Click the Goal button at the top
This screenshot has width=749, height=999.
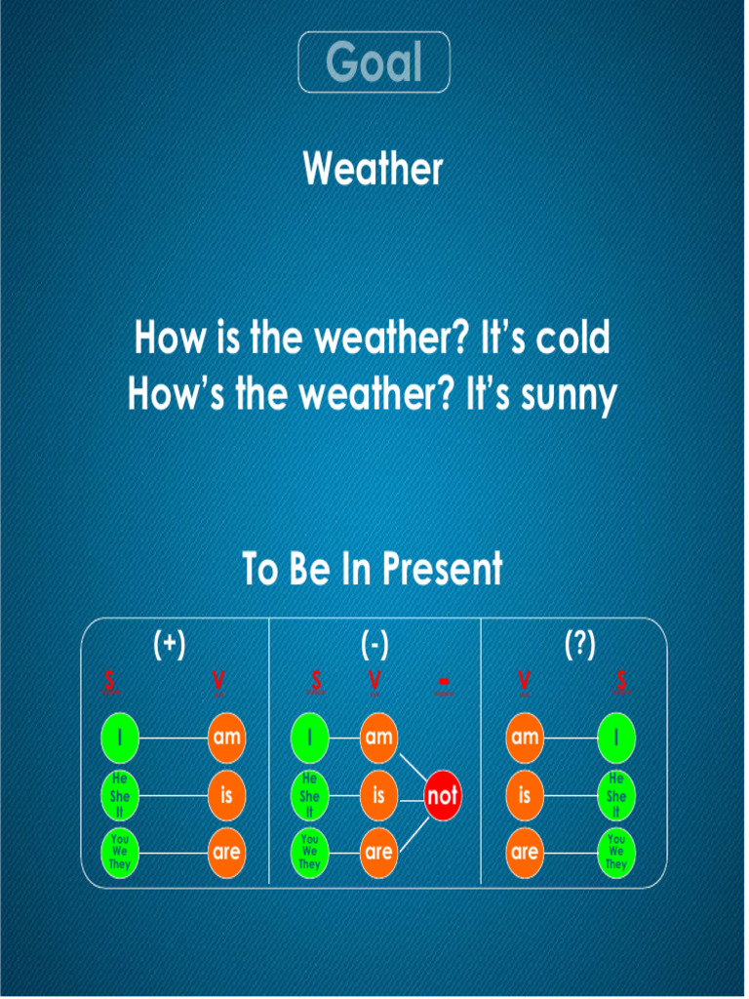pos(374,61)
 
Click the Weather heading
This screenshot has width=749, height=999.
pos(374,169)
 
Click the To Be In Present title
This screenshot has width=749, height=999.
pos(372,569)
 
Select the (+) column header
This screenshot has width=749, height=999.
pos(170,644)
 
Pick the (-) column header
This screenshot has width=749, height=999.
pos(374,644)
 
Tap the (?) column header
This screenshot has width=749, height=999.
pos(580,644)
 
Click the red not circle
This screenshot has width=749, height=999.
pos(442,796)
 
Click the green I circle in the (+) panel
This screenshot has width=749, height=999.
pos(119,739)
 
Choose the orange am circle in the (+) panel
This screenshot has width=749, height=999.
pos(226,739)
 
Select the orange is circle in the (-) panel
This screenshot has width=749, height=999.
pos(378,796)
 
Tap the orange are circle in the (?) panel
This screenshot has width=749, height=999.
pos(525,852)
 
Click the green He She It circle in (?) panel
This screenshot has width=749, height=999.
pos(616,796)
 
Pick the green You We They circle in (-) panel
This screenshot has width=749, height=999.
pos(309,852)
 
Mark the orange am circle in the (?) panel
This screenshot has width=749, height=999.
pos(525,739)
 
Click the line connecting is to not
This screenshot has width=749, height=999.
pos(411,796)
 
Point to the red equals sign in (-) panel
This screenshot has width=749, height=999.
pos(442,680)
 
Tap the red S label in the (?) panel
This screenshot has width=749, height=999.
pos(621,680)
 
